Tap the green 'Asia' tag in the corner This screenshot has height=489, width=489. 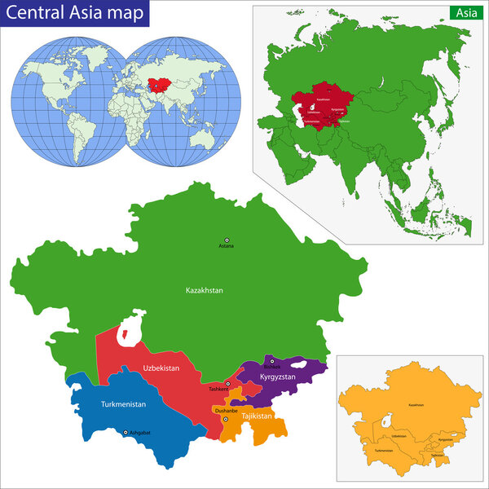coord(465,13)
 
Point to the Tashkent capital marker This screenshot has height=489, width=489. coord(227,383)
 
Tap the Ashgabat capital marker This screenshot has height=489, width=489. coord(126,433)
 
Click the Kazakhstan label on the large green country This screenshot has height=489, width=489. coord(204,290)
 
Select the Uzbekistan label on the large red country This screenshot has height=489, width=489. coord(161,368)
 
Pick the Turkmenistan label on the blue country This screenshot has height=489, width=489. coord(123,405)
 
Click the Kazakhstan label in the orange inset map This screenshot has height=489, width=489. coord(416,405)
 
